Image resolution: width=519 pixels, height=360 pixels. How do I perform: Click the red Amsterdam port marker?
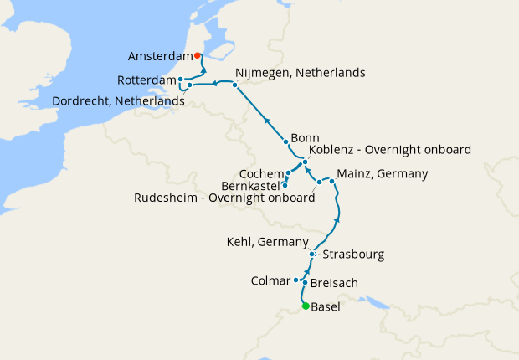coord(197,56)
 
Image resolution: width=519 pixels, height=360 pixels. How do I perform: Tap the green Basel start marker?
coord(306,306)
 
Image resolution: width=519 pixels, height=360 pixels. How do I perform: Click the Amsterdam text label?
coord(160,57)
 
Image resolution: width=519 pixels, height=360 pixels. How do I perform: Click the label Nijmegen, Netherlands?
coord(300,73)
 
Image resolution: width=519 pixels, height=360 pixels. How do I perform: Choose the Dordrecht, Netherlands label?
coord(118,100)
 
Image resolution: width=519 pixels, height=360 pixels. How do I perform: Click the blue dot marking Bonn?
coord(285,141)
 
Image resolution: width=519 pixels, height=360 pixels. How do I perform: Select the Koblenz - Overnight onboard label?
coord(390,150)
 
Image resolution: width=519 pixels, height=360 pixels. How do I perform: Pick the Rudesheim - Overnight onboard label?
coord(224,198)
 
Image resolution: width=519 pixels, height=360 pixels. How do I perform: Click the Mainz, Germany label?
coord(382,174)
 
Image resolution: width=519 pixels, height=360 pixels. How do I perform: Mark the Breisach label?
coord(334,284)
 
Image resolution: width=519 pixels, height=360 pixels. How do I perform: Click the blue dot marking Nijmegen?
coord(235,85)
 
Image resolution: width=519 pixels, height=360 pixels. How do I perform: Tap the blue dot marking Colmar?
coord(296,280)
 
